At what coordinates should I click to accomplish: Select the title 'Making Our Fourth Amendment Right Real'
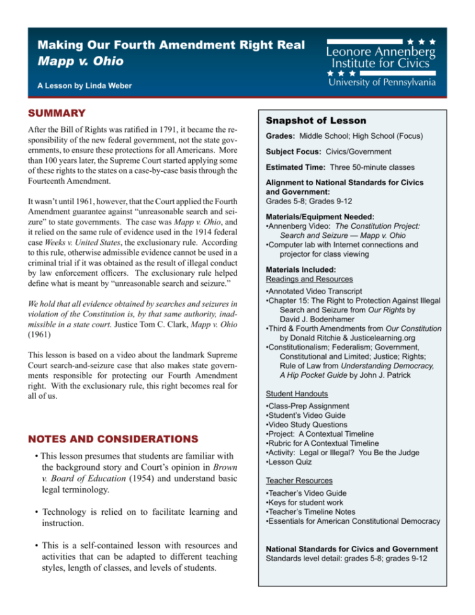171,46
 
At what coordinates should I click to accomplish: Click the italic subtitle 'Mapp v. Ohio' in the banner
81,62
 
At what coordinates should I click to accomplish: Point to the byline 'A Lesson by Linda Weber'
84,86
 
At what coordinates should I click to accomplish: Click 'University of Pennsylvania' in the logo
381,81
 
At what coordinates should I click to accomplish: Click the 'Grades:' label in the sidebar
282,136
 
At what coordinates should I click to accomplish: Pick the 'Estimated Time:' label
296,167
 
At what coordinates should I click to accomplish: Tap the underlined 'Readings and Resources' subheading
309,278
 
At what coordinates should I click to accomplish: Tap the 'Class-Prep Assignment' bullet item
308,406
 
